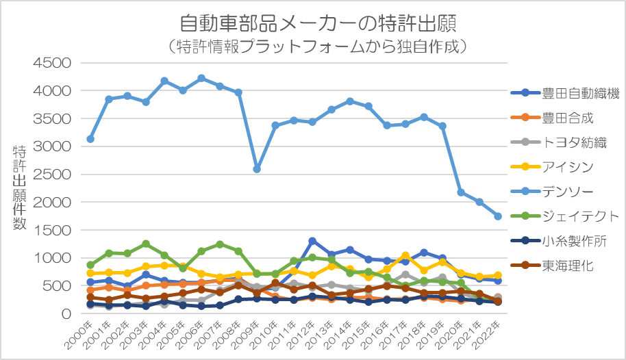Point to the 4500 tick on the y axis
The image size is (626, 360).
coord(53,63)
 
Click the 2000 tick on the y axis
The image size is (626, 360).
coord(53,203)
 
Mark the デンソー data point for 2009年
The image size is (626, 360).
coord(257,168)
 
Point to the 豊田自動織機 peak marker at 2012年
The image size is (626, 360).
coord(312,241)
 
